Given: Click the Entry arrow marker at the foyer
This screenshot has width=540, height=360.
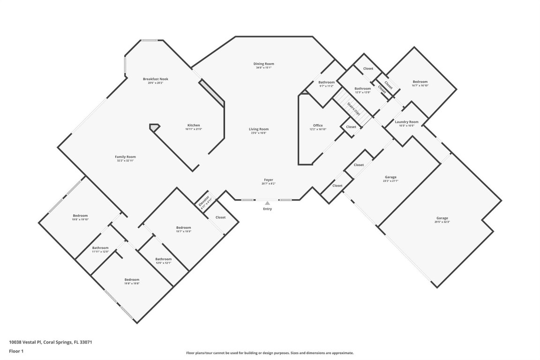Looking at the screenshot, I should pyautogui.click(x=267, y=203).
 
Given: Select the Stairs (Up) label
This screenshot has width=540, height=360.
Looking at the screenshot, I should pyautogui.click(x=354, y=108).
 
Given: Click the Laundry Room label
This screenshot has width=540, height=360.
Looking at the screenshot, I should pyautogui.click(x=406, y=122).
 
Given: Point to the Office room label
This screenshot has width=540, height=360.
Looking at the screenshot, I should pyautogui.click(x=318, y=126).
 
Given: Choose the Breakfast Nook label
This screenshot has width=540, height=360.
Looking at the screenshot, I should pyautogui.click(x=155, y=79).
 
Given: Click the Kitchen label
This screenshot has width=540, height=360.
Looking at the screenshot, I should pyautogui.click(x=194, y=125).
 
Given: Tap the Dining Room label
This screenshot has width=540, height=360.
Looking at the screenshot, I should pyautogui.click(x=263, y=64).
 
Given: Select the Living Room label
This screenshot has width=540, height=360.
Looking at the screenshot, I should pyautogui.click(x=258, y=129).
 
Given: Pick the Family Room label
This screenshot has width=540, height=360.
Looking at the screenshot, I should pyautogui.click(x=125, y=157).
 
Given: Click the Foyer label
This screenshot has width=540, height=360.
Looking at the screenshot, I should pyautogui.click(x=268, y=180).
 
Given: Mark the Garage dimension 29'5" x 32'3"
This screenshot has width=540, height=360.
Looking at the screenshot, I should pyautogui.click(x=442, y=222).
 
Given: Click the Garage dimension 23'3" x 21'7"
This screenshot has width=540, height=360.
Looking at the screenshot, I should pyautogui.click(x=390, y=181).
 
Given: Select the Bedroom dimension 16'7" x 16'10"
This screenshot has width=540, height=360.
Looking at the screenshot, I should pyautogui.click(x=420, y=86).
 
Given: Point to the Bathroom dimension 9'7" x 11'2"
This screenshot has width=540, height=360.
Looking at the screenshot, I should pyautogui.click(x=326, y=86).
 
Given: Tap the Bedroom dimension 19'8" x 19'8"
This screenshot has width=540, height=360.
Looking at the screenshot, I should pyautogui.click(x=132, y=284).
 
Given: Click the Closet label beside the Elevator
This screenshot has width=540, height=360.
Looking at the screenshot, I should pyautogui.click(x=220, y=217).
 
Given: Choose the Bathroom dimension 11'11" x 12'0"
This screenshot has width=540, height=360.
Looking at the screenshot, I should pyautogui.click(x=100, y=252).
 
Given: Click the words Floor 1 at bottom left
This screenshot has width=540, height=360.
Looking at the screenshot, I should pyautogui.click(x=16, y=351).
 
